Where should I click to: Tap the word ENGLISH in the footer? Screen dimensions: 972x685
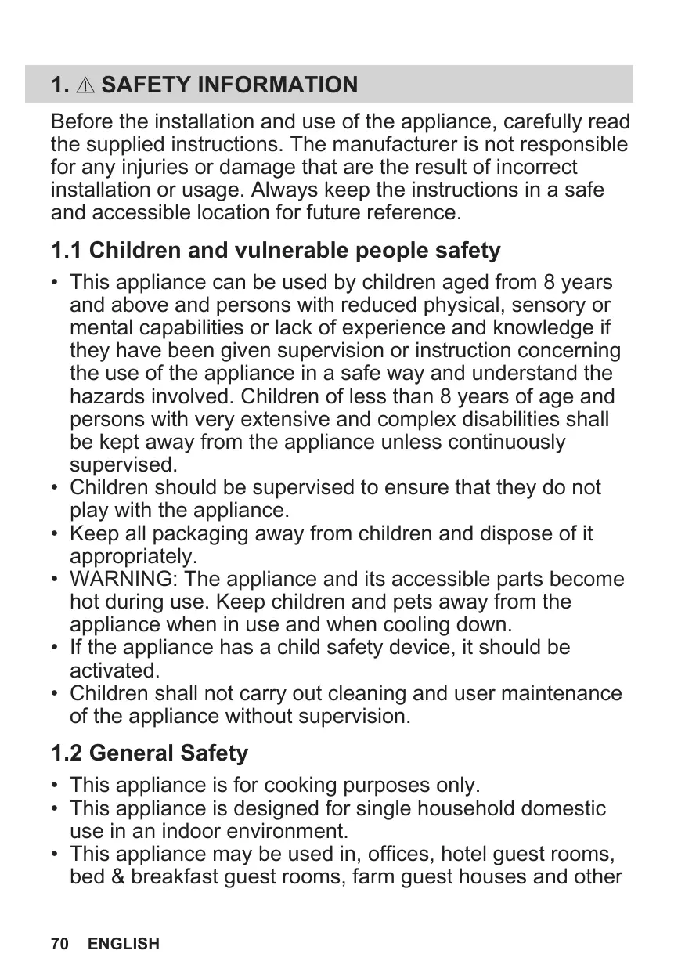[x=123, y=944]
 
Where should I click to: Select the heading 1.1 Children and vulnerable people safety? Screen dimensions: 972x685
[x=276, y=251]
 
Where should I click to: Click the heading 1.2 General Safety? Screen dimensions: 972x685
[x=149, y=753]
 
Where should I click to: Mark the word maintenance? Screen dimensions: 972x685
[x=557, y=694]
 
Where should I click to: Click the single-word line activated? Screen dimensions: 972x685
[x=115, y=671]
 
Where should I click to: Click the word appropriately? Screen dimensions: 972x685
[x=134, y=557]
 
